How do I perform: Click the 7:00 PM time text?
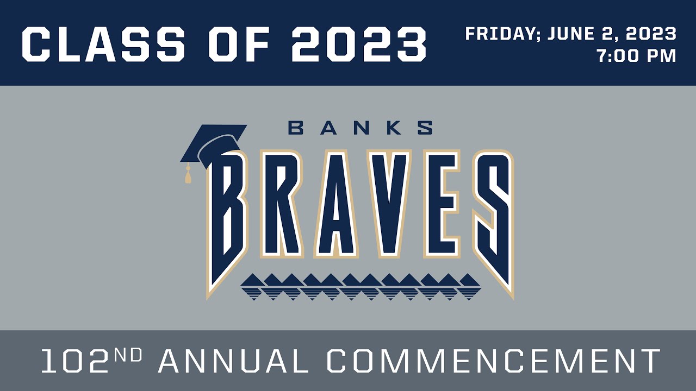pos(636,56)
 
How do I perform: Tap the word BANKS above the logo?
pos(361,128)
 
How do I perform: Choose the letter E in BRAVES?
pos(440,204)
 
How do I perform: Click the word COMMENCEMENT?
pos(494,361)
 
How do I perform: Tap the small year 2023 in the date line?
pos(651,34)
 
